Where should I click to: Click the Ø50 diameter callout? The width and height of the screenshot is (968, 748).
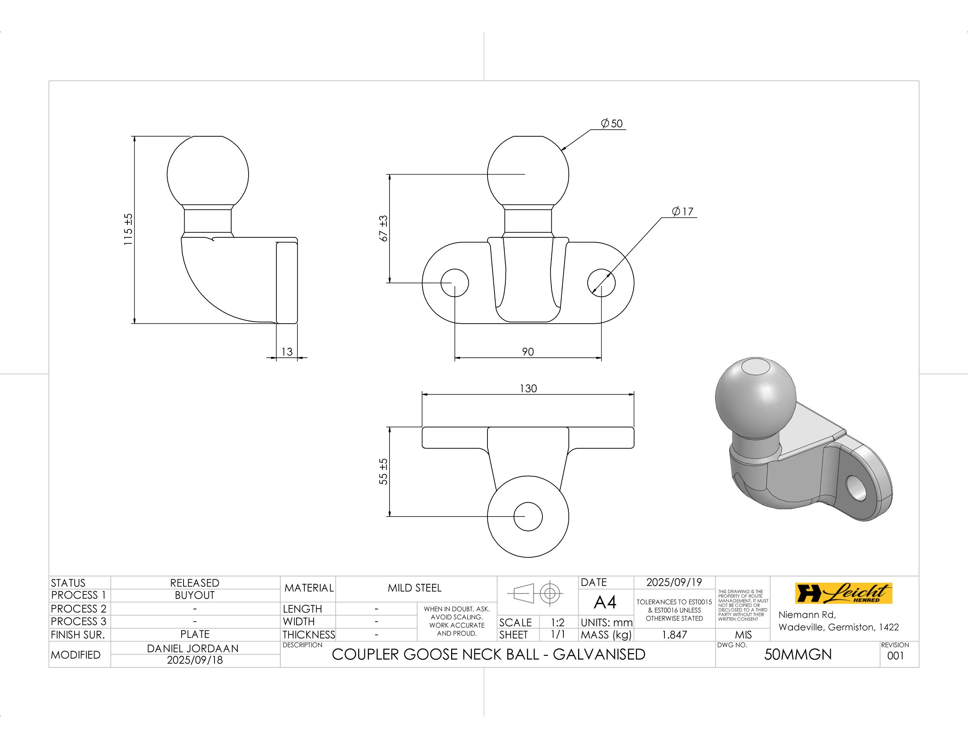[612, 124]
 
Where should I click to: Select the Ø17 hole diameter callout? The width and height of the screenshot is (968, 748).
[683, 211]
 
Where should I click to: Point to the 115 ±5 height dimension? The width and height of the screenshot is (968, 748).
[128, 230]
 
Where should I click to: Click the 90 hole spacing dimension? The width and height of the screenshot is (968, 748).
[528, 352]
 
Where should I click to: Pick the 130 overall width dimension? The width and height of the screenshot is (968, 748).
[528, 389]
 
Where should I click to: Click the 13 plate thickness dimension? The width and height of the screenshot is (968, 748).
[287, 352]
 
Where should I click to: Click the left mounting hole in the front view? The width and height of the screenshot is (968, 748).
[455, 283]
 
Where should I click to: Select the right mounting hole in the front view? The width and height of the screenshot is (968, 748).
[601, 283]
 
